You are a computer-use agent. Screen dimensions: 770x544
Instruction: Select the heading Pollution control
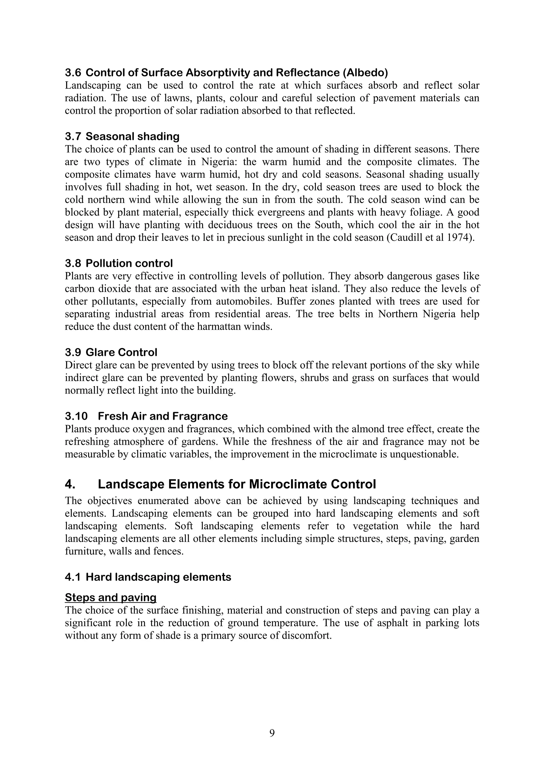(x=129, y=263)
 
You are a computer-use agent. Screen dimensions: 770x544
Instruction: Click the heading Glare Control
(x=121, y=353)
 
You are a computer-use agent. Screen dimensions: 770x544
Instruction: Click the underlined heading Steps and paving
(x=110, y=597)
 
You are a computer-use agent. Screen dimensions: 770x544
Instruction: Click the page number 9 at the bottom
(x=272, y=733)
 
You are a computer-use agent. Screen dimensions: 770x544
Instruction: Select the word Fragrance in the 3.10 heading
(x=200, y=416)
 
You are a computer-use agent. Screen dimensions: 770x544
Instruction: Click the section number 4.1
(x=73, y=577)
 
